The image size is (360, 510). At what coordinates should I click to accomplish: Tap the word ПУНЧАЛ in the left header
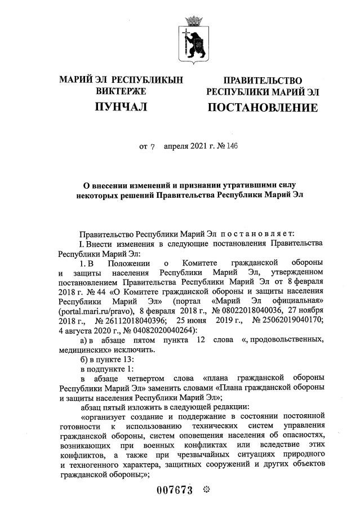pyautogui.click(x=121, y=107)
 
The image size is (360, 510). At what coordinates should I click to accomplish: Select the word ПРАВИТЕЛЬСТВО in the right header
pyautogui.click(x=263, y=81)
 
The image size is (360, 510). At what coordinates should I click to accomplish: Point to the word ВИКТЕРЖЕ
pyautogui.click(x=121, y=91)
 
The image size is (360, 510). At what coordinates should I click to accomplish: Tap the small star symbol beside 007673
pyautogui.click(x=206, y=490)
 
